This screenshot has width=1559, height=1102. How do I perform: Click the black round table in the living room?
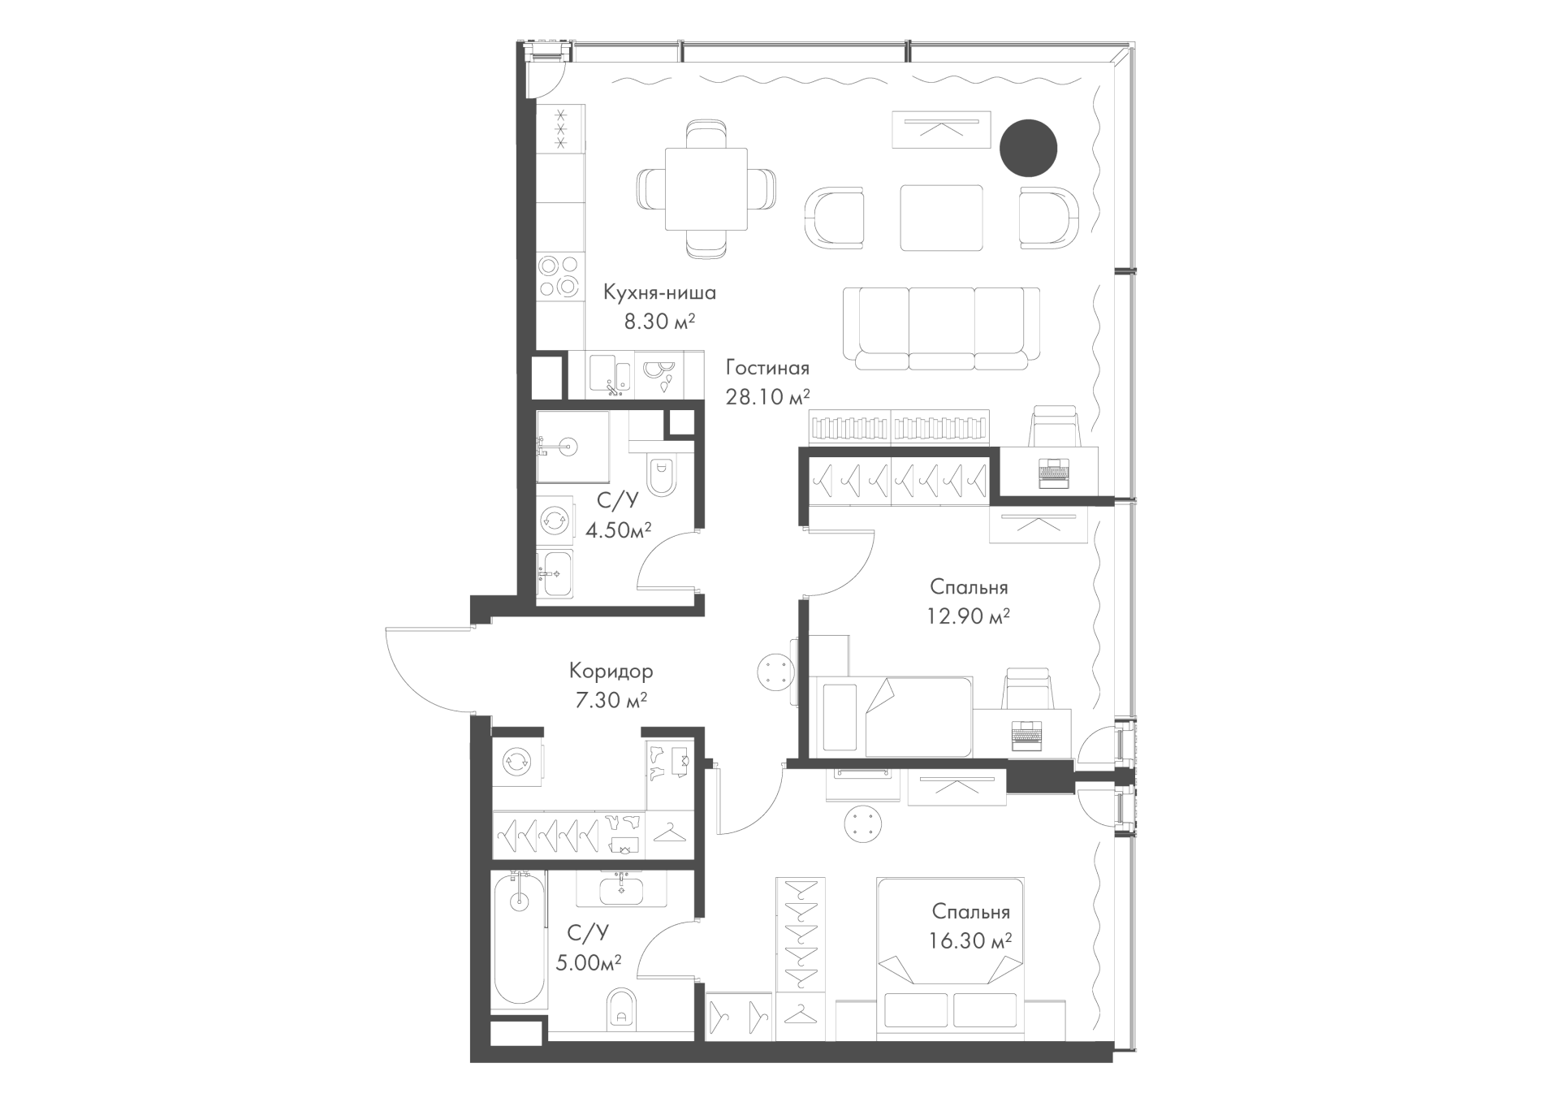1027,148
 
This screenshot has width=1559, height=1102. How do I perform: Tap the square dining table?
706,189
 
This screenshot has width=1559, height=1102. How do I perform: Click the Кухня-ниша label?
659,292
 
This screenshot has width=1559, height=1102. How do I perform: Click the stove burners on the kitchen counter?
560,276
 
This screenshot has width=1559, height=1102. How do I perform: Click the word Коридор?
611,672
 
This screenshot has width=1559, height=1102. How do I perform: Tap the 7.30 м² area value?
611,700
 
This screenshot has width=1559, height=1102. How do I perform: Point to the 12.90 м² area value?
969,616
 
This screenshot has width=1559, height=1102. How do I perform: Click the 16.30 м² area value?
971,941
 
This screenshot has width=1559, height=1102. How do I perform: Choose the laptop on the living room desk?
1055,473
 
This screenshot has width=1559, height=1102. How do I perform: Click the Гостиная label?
767,368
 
